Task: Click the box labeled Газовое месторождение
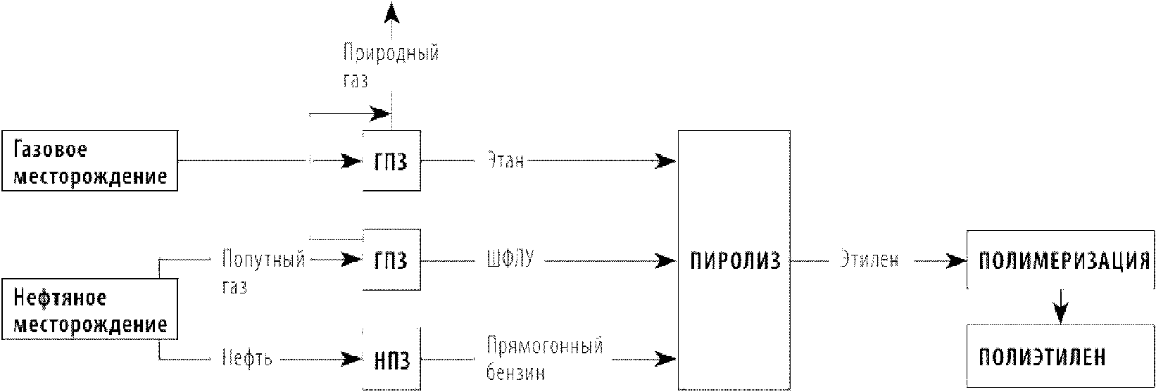tap(90, 161)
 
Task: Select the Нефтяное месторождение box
tap(90, 309)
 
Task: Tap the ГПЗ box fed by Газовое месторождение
tap(391, 161)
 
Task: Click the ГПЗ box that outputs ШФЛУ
tap(391, 260)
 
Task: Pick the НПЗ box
tap(391, 360)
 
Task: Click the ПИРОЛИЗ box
tap(734, 260)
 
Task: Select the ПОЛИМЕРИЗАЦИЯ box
tap(1060, 260)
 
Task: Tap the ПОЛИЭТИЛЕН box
tap(1060, 356)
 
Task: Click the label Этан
tap(505, 160)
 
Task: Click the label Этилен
tap(869, 260)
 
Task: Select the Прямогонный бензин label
tap(544, 359)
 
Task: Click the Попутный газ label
tap(264, 272)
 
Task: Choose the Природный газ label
tap(391, 65)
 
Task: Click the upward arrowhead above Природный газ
tap(392, 13)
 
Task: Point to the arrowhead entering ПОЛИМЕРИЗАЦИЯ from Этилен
tap(956, 261)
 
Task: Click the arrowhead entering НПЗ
tap(352, 359)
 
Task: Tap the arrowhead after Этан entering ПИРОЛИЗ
tap(666, 161)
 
